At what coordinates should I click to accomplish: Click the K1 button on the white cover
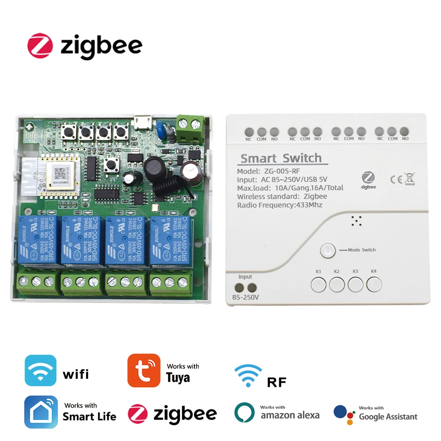coord(318,285)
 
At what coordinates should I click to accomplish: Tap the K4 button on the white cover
coord(374,285)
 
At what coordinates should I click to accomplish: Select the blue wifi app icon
coord(41,370)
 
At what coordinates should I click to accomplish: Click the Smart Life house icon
coord(41,412)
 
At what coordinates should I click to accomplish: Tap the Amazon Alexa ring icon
coord(244,412)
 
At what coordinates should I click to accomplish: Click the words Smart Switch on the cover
coord(280,158)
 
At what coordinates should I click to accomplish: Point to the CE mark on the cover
coord(395,179)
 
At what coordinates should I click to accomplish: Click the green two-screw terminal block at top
coord(191,127)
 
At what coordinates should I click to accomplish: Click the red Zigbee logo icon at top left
coord(40,45)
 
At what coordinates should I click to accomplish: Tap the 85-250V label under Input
coord(245,297)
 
